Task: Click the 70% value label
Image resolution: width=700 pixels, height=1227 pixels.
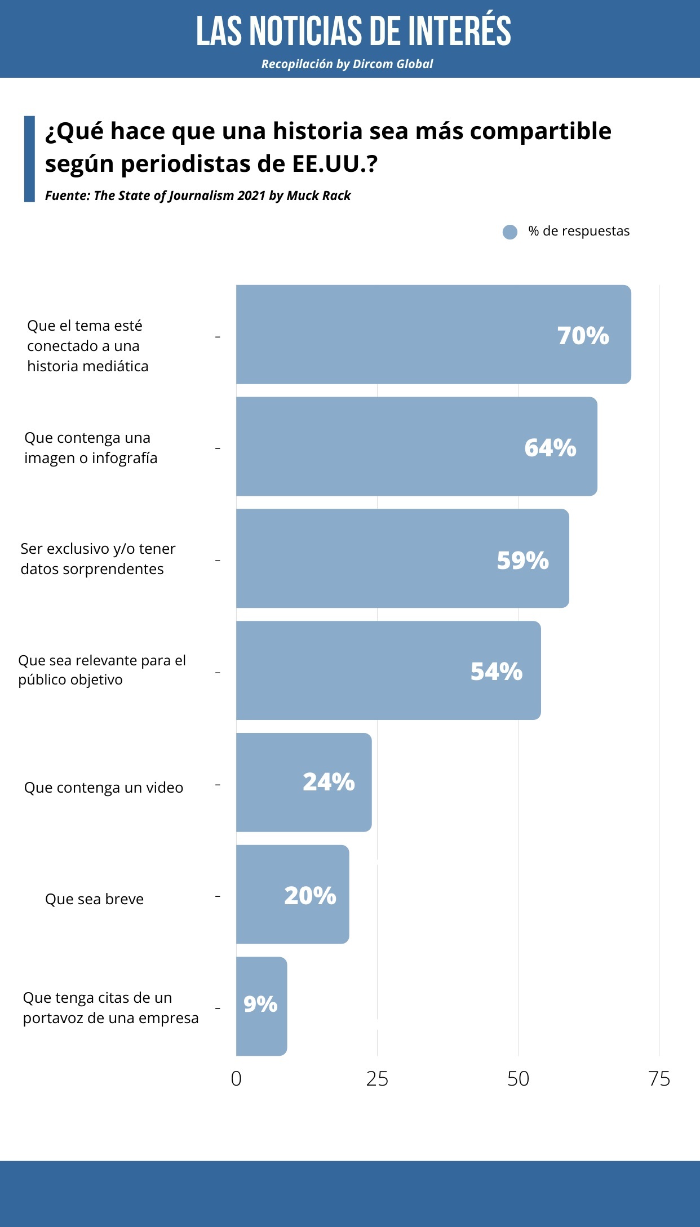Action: click(583, 336)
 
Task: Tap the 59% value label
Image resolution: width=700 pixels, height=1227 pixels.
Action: click(522, 561)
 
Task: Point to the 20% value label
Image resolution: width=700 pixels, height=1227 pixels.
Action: click(310, 896)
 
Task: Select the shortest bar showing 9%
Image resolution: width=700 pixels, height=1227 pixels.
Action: click(262, 1006)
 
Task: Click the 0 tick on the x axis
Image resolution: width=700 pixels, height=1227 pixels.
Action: click(236, 1079)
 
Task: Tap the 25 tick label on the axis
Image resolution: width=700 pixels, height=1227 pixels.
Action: click(377, 1079)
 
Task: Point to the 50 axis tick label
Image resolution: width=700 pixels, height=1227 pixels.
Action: click(518, 1079)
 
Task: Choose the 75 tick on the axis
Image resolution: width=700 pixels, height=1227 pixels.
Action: click(659, 1079)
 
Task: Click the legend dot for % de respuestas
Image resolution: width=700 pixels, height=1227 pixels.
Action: click(510, 232)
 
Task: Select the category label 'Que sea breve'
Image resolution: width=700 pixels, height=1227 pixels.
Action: click(94, 899)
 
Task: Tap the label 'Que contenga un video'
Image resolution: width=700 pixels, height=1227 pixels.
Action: click(104, 788)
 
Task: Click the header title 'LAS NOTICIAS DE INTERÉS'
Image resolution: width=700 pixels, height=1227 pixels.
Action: click(353, 31)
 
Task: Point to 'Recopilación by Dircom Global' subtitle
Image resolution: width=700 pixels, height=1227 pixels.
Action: click(347, 64)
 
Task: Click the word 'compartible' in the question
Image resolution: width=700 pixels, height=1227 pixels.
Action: click(540, 131)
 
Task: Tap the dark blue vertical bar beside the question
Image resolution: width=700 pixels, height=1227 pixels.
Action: click(29, 159)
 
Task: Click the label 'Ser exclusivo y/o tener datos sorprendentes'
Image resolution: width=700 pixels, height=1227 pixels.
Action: click(98, 559)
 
